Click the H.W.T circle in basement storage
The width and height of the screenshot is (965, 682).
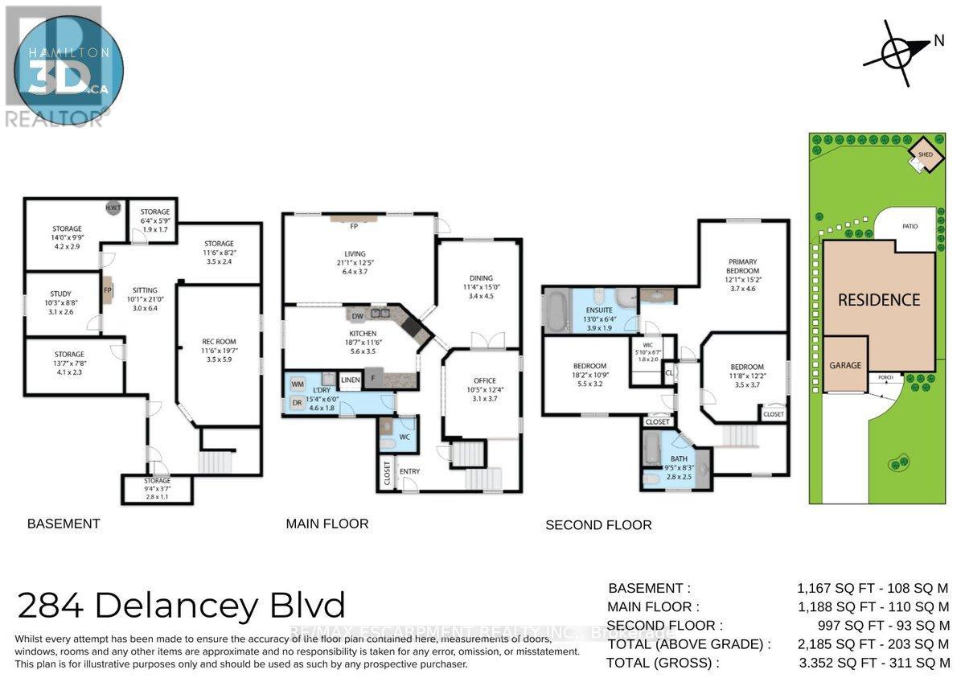pyautogui.click(x=113, y=207)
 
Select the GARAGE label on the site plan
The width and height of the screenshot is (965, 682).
pyautogui.click(x=845, y=365)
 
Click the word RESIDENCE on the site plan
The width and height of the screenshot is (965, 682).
pyautogui.click(x=879, y=300)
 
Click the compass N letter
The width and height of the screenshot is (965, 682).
pyautogui.click(x=938, y=43)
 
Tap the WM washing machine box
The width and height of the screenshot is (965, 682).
pyautogui.click(x=298, y=385)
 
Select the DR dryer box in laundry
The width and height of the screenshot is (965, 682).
pyautogui.click(x=298, y=402)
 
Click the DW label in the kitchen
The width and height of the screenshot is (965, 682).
pyautogui.click(x=356, y=316)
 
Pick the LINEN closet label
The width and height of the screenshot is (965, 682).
pyautogui.click(x=350, y=380)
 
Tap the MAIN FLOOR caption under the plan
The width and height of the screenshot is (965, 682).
pyautogui.click(x=327, y=524)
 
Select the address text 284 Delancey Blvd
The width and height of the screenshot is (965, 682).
pyautogui.click(x=182, y=605)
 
